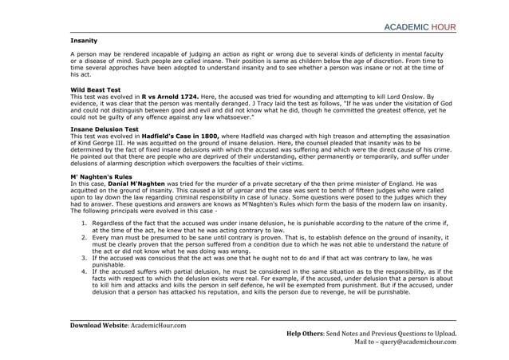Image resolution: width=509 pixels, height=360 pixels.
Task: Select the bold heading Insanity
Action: coord(84,40)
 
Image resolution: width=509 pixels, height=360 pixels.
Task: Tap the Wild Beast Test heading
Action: coord(97,89)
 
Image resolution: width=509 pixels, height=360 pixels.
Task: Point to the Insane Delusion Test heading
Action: coord(105,129)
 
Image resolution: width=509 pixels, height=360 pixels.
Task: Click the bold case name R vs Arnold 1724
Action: coord(170,96)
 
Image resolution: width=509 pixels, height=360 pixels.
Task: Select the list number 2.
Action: coord(85,237)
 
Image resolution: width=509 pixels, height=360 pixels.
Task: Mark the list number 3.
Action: coord(85,258)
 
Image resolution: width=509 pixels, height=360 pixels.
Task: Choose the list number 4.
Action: coord(85,271)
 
